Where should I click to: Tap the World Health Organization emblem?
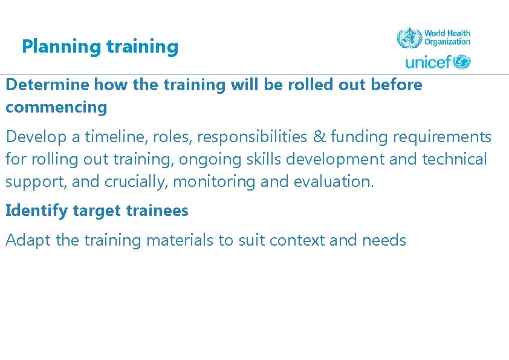click(409, 38)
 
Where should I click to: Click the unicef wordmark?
click(428, 62)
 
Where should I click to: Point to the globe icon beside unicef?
click(462, 62)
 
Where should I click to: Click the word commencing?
click(56, 108)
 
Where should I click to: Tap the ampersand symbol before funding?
click(319, 137)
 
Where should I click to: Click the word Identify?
click(37, 211)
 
